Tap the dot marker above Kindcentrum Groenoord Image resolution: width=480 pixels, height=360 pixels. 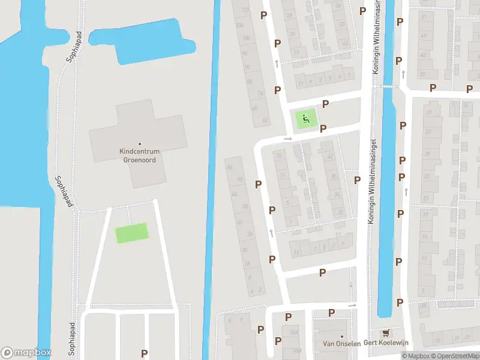[x=139, y=144]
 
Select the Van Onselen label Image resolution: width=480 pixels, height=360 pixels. [x=341, y=344]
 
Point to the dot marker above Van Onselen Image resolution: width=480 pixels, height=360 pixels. [x=341, y=336]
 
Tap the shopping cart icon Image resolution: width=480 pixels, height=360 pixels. [x=385, y=333]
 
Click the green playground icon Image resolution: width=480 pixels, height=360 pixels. [x=305, y=119]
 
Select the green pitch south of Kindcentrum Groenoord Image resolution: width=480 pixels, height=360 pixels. [x=131, y=233]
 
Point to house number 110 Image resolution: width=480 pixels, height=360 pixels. [x=245, y=10]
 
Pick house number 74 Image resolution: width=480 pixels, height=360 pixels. [x=260, y=94]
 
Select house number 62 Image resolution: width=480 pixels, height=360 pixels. [x=265, y=121]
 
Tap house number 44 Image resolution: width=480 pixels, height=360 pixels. [x=234, y=194]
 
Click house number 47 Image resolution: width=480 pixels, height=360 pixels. [x=424, y=36]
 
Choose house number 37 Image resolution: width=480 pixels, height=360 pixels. [x=428, y=113]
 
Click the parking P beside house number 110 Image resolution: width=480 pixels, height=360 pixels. [x=263, y=15]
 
